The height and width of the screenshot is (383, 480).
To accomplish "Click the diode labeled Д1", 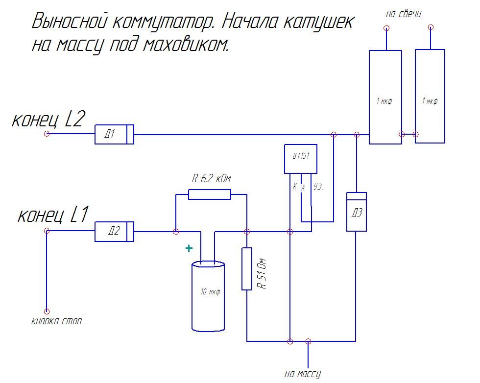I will tap(114, 134).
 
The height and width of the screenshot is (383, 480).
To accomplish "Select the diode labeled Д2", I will tap(114, 231).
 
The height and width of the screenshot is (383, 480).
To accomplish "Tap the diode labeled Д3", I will tap(357, 212).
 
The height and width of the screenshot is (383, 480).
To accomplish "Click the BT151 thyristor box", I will tap(300, 158).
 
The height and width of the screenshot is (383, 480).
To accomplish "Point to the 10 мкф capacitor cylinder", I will tap(209, 296).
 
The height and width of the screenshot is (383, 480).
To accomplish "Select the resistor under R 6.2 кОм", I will tap(209, 194).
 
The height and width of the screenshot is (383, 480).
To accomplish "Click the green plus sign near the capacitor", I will tap(189, 248).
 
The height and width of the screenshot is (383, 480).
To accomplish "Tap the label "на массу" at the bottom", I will tap(302, 374).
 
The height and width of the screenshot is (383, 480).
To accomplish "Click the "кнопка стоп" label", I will tap(56, 322).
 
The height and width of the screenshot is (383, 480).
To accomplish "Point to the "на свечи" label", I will tap(404, 14).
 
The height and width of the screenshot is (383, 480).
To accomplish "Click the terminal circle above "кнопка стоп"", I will tap(47, 311).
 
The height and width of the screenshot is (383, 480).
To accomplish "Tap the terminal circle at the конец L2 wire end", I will tap(47, 134).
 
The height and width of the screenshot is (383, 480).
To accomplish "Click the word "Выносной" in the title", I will tap(70, 22).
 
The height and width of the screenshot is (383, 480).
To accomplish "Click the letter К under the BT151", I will tap(295, 187).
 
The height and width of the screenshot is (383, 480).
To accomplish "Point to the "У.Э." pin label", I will tap(318, 187).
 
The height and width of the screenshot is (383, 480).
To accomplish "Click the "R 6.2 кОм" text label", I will tap(211, 179).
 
